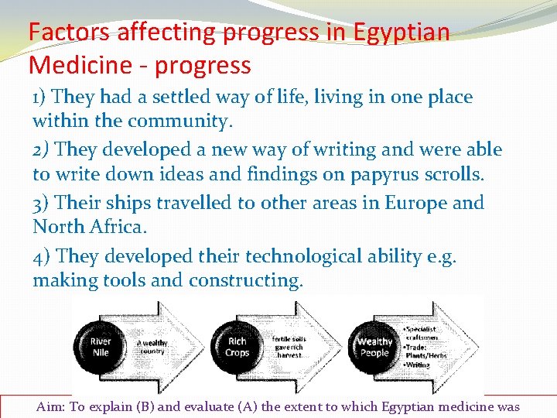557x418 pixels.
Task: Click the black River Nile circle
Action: pyautogui.click(x=101, y=346)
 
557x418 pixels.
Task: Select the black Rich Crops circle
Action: pyautogui.click(x=237, y=346)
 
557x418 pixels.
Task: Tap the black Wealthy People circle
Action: pyautogui.click(x=374, y=347)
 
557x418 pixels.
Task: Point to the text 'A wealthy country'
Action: pyautogui.click(x=152, y=346)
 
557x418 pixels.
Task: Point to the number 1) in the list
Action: pyautogui.click(x=41, y=98)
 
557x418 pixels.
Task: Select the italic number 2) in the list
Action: pyautogui.click(x=42, y=149)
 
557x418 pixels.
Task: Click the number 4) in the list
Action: pyautogui.click(x=42, y=255)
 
